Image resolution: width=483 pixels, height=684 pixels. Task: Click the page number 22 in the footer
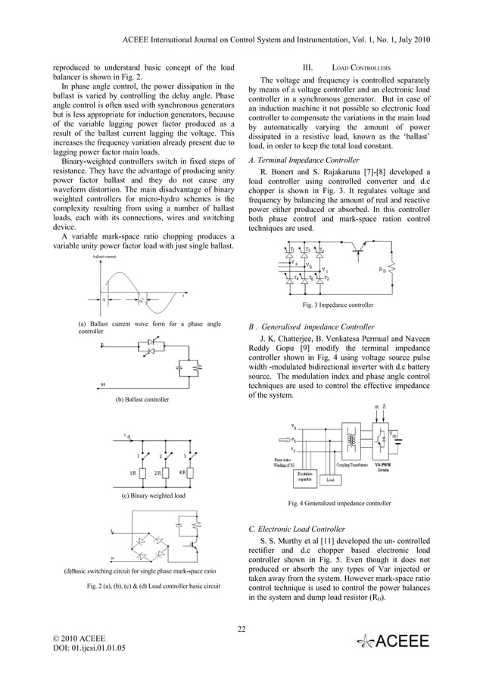tap(241, 626)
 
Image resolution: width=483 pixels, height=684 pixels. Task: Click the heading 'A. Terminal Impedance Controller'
tap(304, 161)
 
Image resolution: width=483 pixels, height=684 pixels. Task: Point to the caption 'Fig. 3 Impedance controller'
tap(338, 305)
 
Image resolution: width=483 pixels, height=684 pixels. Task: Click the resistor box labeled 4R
tap(185, 473)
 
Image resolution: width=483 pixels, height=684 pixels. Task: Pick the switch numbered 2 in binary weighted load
tap(161, 458)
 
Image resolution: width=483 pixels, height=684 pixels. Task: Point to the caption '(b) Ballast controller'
tap(142, 399)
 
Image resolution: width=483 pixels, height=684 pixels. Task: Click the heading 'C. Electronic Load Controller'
tap(297, 529)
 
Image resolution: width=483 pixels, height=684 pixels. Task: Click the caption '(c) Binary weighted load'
tap(154, 495)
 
